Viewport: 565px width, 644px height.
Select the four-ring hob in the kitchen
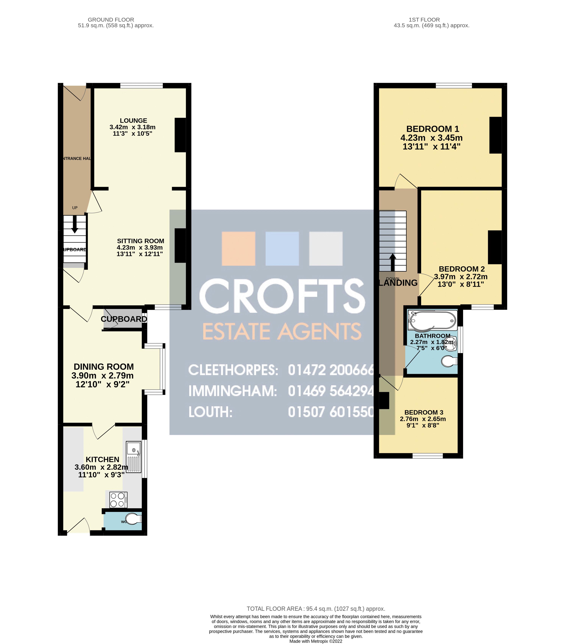[118, 500]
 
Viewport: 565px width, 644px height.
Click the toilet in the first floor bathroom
[449, 361]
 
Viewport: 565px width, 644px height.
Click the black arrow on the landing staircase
[393, 262]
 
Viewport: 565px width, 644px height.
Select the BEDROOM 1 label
[433, 129]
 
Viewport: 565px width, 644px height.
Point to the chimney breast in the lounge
[180, 135]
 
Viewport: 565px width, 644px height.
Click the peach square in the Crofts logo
[238, 249]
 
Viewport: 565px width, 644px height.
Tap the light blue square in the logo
[282, 249]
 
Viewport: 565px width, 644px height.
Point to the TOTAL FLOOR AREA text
[316, 609]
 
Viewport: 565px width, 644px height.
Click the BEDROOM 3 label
[424, 412]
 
